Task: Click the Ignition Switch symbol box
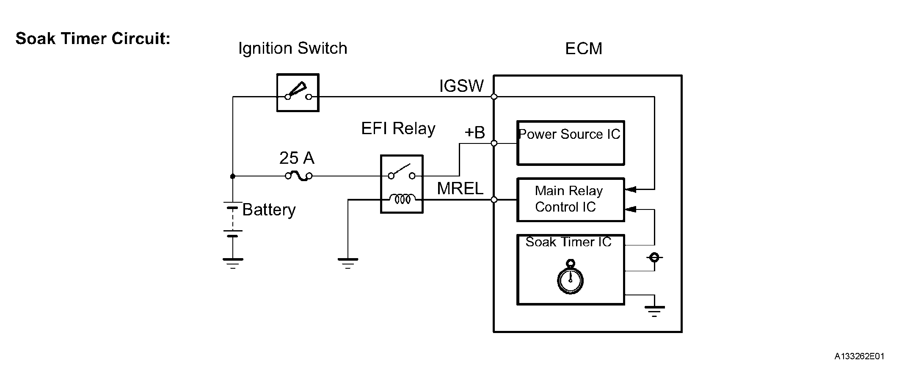(x=298, y=93)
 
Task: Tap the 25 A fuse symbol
(x=299, y=176)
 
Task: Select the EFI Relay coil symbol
(x=402, y=198)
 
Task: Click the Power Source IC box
(x=571, y=143)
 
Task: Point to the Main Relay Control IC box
(x=571, y=199)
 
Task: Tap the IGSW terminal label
(x=461, y=86)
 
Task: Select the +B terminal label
(x=474, y=132)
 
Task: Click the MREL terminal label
(x=460, y=188)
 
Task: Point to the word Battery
(x=269, y=210)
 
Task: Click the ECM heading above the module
(x=584, y=49)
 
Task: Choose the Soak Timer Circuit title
(x=93, y=39)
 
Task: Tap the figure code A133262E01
(x=859, y=356)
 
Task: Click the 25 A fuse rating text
(x=297, y=158)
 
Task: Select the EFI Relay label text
(x=398, y=128)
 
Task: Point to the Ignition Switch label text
(x=292, y=48)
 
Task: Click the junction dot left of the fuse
(x=233, y=176)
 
